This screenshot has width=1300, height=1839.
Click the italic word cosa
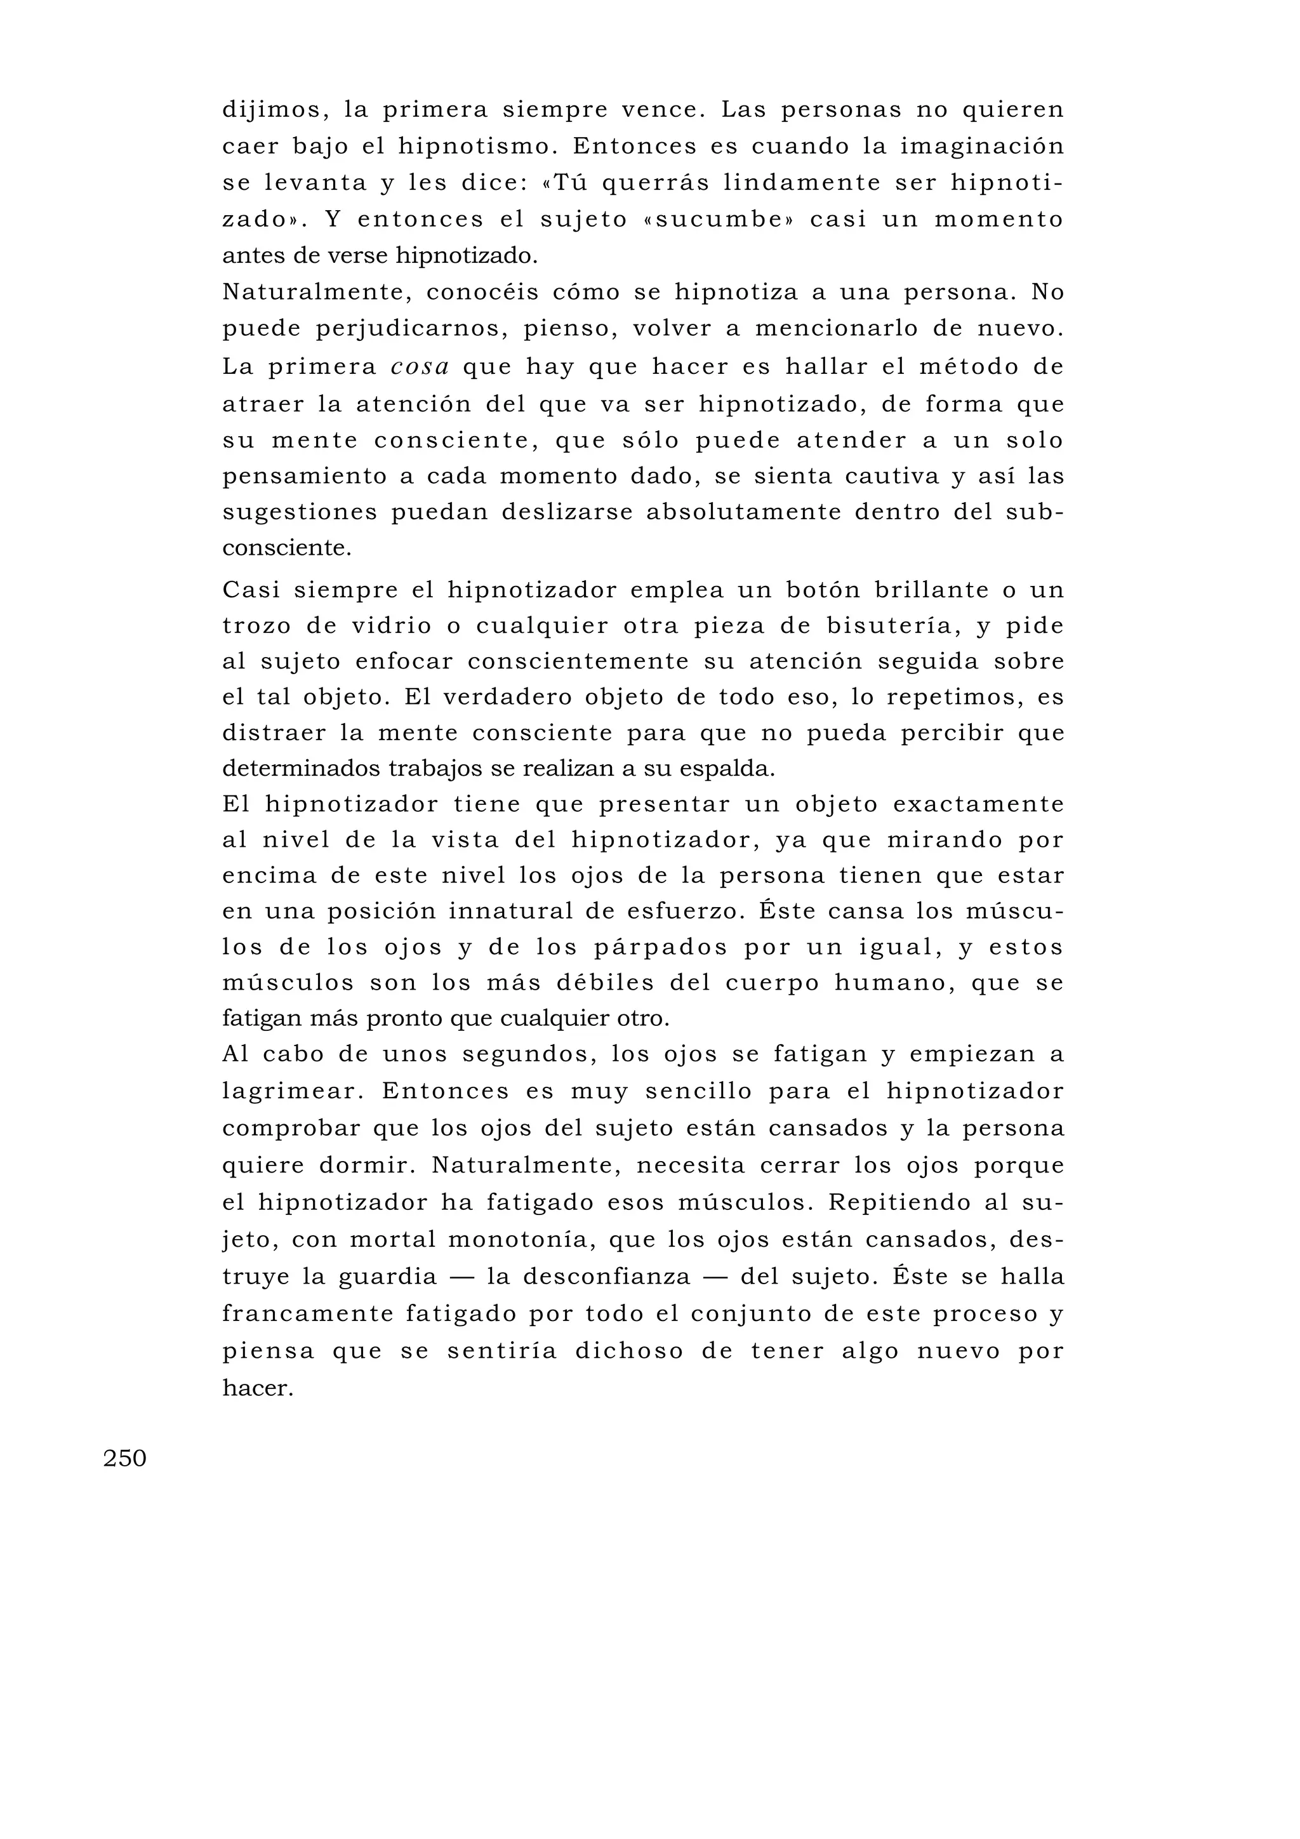(x=420, y=367)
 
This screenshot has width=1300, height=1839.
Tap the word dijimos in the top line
(x=271, y=110)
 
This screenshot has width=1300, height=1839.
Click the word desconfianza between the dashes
(x=606, y=1276)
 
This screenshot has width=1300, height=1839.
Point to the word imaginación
(x=982, y=147)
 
